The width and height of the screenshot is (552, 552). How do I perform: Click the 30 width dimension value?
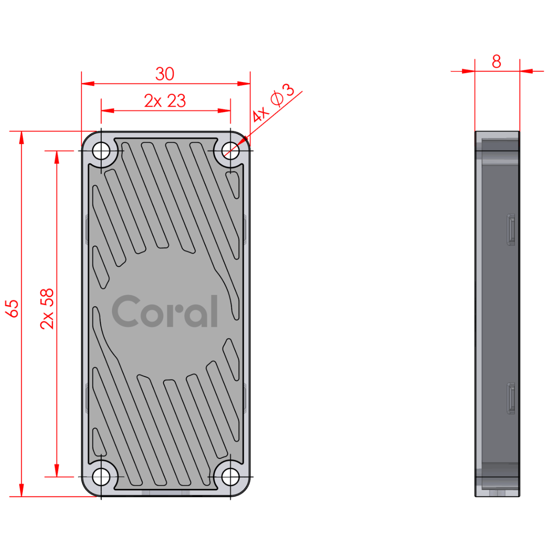click(164, 74)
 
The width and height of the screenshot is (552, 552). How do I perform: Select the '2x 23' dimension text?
click(165, 101)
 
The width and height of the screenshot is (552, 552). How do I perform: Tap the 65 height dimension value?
click(12, 308)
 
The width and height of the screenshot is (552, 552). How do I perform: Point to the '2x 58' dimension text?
click(47, 309)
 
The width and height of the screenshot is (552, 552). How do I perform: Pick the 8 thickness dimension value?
click(496, 61)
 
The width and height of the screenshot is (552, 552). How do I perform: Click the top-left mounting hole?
click(101, 151)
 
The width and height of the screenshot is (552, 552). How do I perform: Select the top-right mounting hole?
click(230, 151)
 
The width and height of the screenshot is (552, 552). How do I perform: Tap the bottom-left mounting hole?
click(101, 477)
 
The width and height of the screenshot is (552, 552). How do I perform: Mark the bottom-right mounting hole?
click(230, 477)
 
